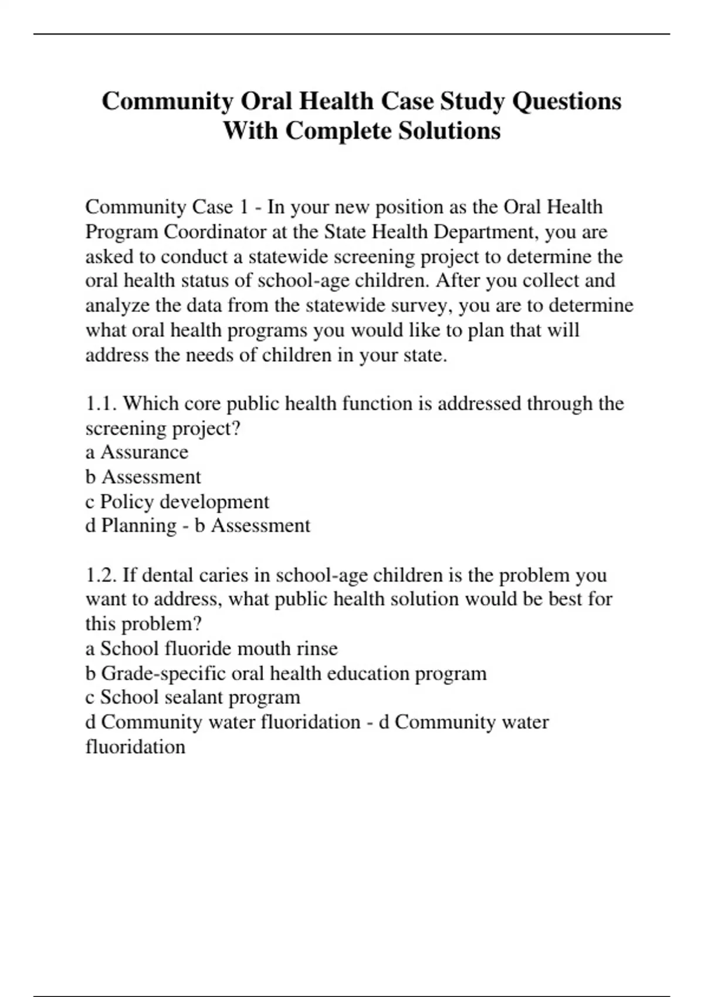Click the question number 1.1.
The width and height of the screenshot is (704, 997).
[x=101, y=403]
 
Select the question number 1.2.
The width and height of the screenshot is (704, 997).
[x=101, y=575]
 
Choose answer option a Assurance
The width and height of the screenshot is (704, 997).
[x=137, y=452]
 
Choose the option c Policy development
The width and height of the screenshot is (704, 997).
[x=177, y=501]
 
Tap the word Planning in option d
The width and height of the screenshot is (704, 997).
[x=138, y=525]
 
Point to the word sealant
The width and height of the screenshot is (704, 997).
[x=197, y=697]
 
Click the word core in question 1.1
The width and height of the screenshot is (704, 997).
[x=202, y=403]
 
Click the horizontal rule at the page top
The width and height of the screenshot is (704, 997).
[x=352, y=34]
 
